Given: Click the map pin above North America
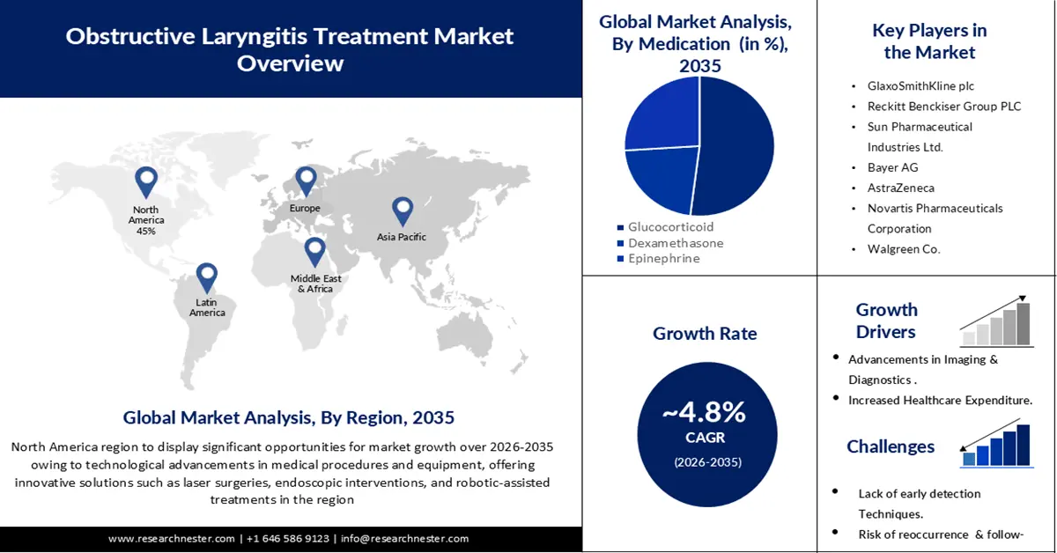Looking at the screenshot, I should (x=146, y=181).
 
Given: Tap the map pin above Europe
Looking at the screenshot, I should (x=306, y=181).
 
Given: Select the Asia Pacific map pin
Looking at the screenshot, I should (x=403, y=210).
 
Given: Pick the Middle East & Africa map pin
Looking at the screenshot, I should (x=315, y=251).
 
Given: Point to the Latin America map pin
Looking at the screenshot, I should (x=206, y=277).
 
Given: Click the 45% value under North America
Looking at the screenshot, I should (x=146, y=232).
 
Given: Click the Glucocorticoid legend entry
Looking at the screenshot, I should (x=670, y=226).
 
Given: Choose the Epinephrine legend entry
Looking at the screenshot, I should (x=664, y=258).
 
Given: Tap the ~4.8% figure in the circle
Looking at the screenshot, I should (x=704, y=412).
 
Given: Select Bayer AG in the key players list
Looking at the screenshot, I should (x=892, y=166).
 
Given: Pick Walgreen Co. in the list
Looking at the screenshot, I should (x=904, y=248).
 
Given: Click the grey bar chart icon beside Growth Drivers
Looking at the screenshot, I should (x=996, y=321).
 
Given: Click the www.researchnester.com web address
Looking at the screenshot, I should (x=172, y=538).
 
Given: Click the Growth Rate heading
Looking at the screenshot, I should (x=705, y=334).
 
